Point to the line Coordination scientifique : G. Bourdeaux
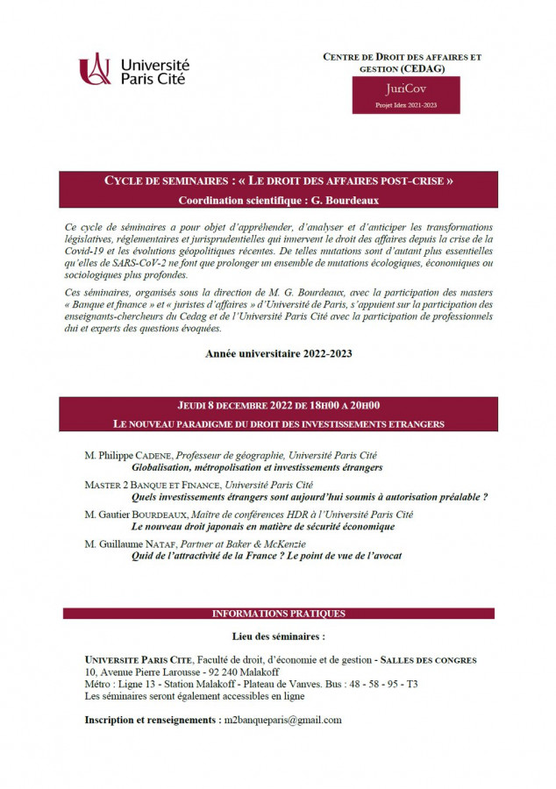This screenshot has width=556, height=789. point(278,200)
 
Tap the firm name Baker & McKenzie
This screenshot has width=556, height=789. point(277,544)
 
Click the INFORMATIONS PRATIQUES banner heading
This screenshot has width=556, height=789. point(278,614)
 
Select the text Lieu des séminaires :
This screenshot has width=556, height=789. point(277,636)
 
